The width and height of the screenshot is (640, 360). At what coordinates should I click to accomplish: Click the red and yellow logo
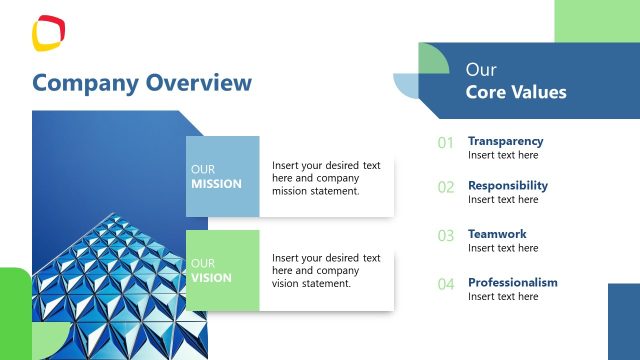tap(47, 33)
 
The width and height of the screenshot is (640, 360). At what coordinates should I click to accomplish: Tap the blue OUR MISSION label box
tap(222, 177)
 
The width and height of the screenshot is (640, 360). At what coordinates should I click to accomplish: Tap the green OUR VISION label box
tap(222, 270)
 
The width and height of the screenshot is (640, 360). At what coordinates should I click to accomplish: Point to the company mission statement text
tap(326, 178)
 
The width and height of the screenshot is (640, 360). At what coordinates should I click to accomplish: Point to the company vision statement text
tap(326, 271)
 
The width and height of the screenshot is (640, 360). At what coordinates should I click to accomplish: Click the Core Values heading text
tap(515, 92)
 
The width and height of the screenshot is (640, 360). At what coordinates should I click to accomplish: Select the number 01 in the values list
tap(446, 143)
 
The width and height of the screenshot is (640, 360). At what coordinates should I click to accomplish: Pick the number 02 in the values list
tap(446, 187)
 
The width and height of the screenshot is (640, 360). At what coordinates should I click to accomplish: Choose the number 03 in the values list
tap(446, 236)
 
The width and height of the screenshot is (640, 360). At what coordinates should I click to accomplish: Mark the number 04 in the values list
tap(446, 284)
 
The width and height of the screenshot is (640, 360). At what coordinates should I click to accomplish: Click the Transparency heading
tap(505, 141)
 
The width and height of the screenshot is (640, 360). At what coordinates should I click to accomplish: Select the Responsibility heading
tap(507, 185)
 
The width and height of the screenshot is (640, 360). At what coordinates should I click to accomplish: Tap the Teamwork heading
tap(496, 234)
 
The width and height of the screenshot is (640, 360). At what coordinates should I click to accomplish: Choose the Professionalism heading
tap(512, 282)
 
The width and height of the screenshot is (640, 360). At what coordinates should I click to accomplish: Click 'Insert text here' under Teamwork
tap(503, 248)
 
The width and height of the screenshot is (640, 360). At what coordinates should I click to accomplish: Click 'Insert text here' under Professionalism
tap(503, 296)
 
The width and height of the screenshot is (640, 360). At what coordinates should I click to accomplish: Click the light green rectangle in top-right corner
tap(596, 20)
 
